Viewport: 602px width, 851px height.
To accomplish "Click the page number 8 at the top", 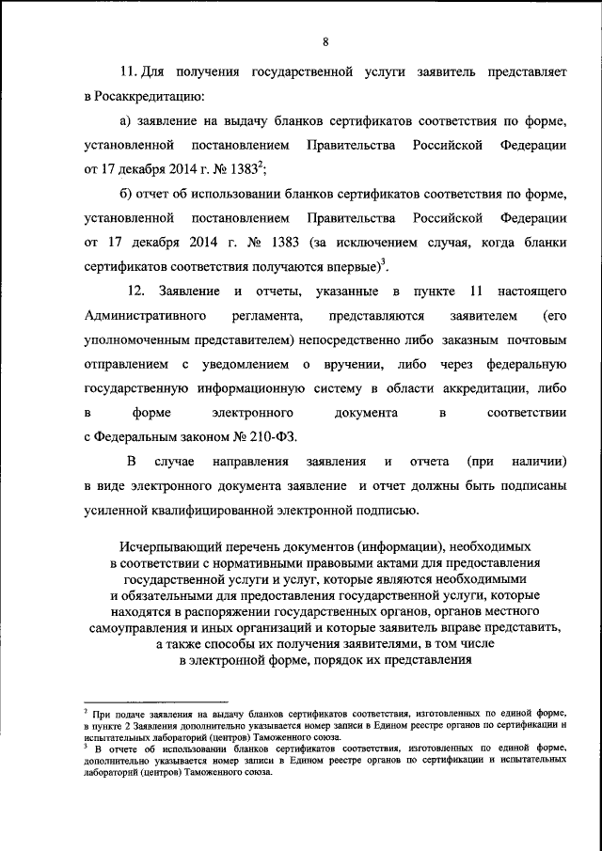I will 325,41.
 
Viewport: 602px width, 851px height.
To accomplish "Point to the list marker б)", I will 127,195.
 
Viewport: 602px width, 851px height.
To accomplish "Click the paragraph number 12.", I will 136,292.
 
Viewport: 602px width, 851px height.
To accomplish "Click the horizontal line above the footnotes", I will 155,701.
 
